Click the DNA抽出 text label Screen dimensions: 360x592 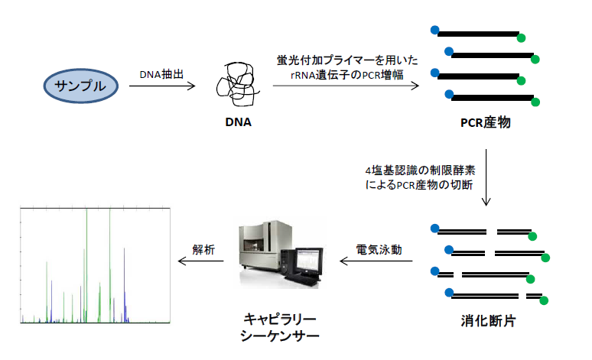click(162, 74)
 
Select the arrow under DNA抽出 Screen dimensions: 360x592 click(162, 86)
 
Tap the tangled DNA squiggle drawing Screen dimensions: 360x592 click(236, 83)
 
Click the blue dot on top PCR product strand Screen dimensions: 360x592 click(435, 30)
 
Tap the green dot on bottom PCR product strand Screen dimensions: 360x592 click(535, 102)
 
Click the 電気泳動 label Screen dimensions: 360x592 click(379, 249)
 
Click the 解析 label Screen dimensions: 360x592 click(204, 249)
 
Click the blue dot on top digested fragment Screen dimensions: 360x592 click(435, 228)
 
